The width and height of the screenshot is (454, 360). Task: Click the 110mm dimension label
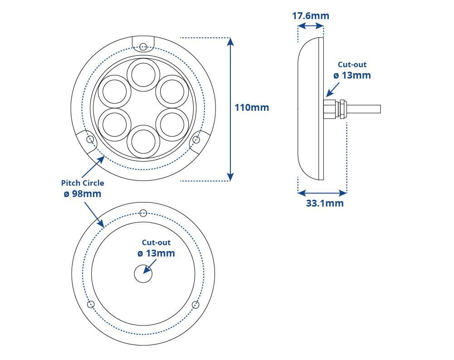[252, 108]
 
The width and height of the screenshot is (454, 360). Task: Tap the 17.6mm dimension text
[310, 15]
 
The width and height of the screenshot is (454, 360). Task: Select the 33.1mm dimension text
[325, 203]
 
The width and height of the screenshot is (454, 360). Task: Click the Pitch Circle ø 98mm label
[83, 188]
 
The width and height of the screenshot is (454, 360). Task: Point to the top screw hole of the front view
[143, 46]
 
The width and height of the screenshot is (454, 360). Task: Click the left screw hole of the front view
[90, 139]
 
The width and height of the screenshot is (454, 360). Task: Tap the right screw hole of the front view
[196, 139]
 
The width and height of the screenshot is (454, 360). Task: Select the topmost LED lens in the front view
[143, 74]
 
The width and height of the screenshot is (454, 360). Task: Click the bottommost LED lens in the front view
[143, 142]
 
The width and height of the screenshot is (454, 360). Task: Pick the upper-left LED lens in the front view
[115, 91]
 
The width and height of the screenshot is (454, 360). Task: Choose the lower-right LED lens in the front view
[172, 125]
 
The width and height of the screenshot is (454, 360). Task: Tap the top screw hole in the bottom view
[143, 213]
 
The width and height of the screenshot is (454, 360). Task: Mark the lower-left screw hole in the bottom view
[91, 304]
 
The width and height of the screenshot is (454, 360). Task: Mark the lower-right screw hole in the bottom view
[196, 305]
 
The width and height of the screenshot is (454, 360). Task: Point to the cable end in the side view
[380, 109]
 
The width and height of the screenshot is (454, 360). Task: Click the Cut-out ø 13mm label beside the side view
[352, 70]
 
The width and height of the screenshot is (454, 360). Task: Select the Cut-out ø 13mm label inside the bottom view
[156, 248]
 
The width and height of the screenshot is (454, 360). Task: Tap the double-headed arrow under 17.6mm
[310, 26]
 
